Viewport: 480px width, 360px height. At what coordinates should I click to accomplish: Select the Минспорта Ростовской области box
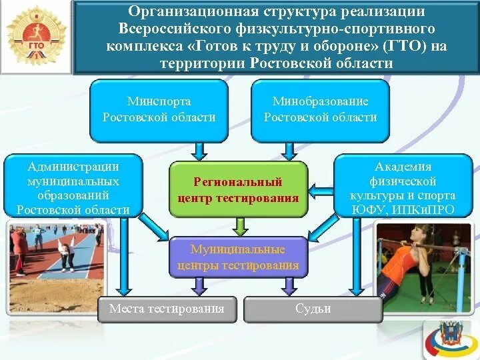tap(159, 110)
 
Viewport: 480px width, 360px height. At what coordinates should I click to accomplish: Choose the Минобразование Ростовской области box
tap(320, 110)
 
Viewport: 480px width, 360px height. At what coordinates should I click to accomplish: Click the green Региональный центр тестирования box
tap(238, 189)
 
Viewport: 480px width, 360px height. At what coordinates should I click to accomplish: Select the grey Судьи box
tap(313, 309)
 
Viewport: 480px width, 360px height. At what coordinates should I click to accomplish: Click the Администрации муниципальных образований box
tap(73, 187)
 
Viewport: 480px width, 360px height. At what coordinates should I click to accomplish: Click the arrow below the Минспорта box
tap(197, 151)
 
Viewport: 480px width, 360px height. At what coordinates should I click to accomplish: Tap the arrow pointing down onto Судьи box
tap(288, 287)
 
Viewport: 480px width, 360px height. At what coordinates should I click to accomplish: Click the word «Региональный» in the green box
tap(238, 182)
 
